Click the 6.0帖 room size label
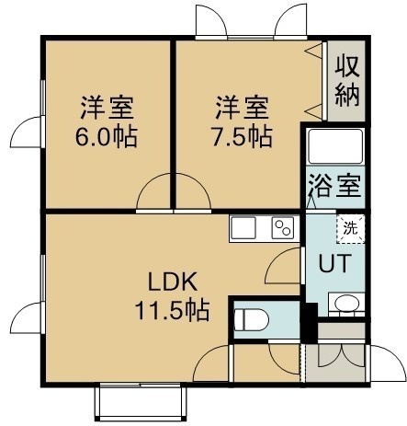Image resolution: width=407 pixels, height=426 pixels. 107,136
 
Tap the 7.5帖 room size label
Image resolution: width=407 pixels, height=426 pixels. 242,136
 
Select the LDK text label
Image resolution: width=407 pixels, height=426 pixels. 173,282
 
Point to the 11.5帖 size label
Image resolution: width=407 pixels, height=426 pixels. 173,310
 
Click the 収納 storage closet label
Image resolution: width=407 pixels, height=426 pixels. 346,81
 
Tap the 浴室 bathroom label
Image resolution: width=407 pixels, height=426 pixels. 334,186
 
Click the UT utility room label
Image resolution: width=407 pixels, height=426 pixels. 334,263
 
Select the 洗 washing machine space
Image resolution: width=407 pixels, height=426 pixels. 350,229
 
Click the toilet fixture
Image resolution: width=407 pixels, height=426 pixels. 252,320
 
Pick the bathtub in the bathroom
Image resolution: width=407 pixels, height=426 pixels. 335,146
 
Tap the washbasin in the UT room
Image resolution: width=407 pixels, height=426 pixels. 346,304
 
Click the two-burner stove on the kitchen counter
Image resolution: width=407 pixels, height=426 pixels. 283,227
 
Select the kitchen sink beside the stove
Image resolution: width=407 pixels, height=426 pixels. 243,227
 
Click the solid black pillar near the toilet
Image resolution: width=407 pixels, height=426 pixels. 310,323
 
